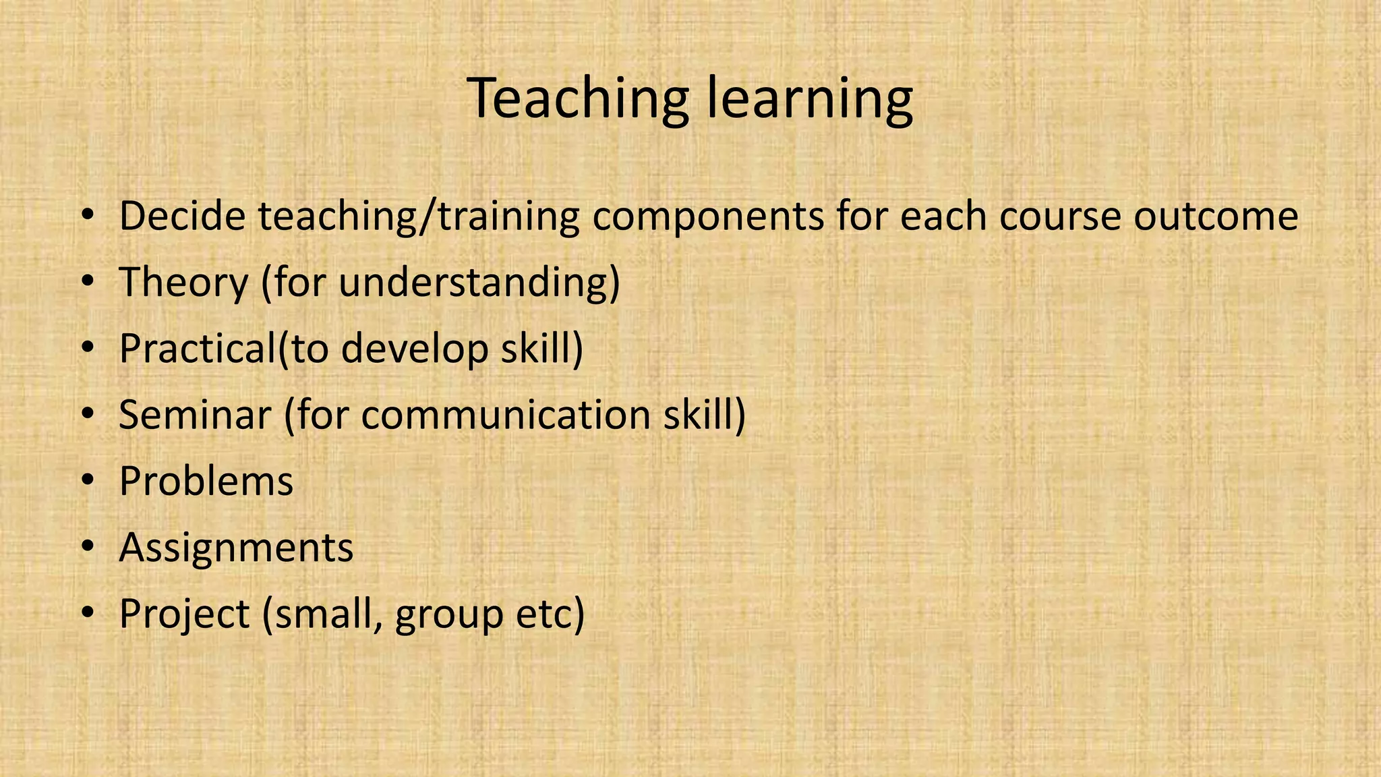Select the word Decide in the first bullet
(182, 216)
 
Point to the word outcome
(1216, 216)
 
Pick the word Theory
(183, 283)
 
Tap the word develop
(414, 349)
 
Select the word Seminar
(194, 414)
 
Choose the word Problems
(206, 481)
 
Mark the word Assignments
(236, 548)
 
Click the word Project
(184, 614)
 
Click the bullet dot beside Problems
(87, 482)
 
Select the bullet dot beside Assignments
(87, 548)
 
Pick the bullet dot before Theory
(87, 283)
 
